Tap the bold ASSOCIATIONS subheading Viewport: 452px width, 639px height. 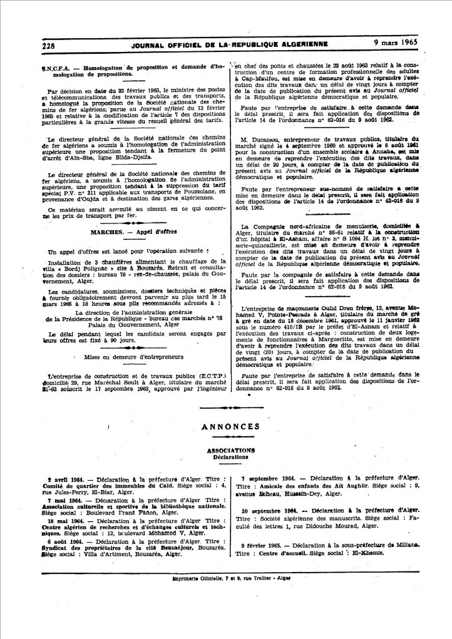tap(230, 450)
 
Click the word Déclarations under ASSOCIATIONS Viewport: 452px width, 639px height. tap(230, 457)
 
